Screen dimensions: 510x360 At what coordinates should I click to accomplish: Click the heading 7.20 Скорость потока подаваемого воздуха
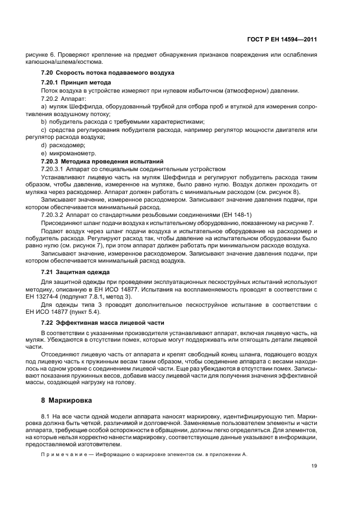tap(108, 72)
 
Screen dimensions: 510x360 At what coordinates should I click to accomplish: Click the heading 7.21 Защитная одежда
tap(76, 271)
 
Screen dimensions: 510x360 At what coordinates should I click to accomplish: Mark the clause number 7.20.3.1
tap(53, 169)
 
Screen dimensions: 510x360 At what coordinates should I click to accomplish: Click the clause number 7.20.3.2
tap(53, 215)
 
